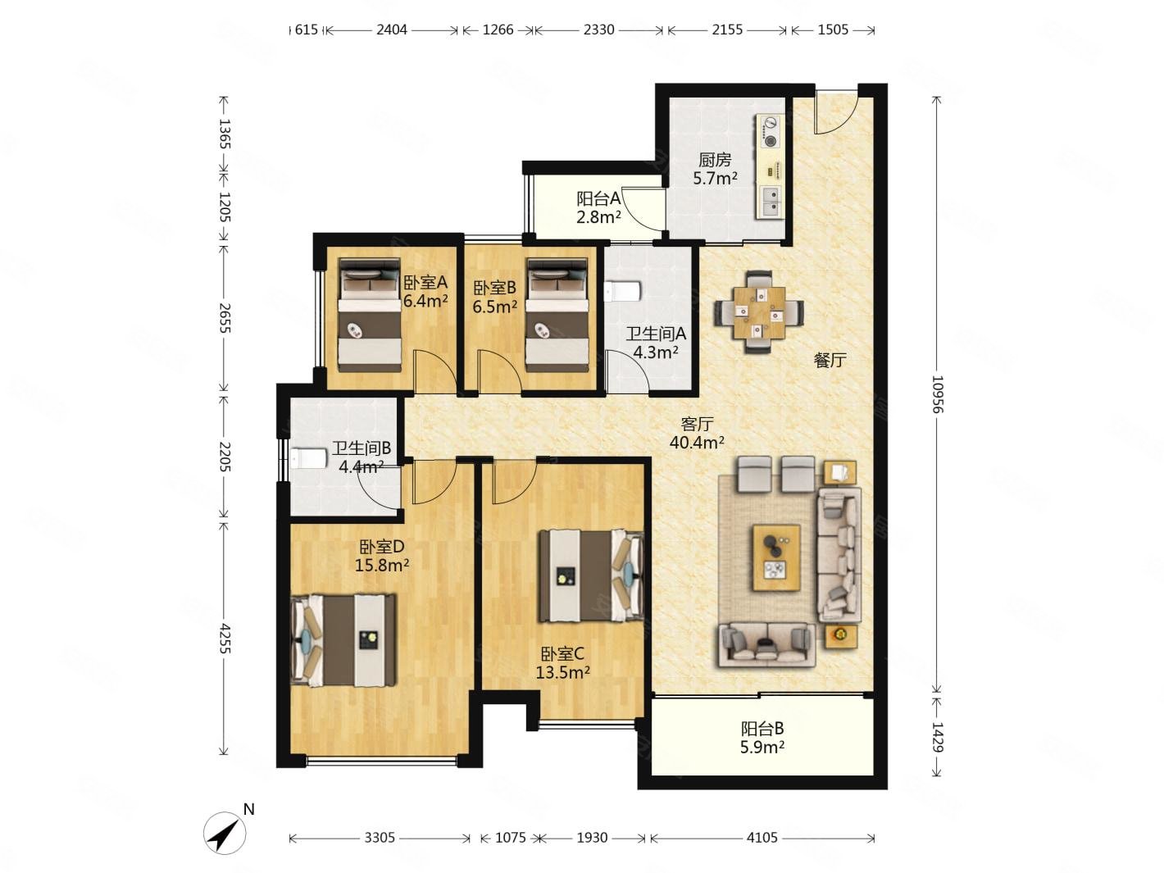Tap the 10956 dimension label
[x=936, y=394]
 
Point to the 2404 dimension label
[x=391, y=30]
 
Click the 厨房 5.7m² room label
[x=715, y=169]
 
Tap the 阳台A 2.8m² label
[x=598, y=207]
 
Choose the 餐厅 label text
[x=830, y=361]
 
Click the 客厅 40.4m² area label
[x=697, y=433]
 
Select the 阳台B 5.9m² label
[x=762, y=738]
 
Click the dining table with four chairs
[x=759, y=312]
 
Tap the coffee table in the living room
[x=776, y=557]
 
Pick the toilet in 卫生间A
[x=622, y=292]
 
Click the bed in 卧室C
[x=591, y=576]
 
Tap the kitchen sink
[x=771, y=202]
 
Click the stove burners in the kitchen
[x=770, y=131]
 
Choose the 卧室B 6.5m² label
[x=495, y=298]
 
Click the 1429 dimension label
[x=936, y=737]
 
